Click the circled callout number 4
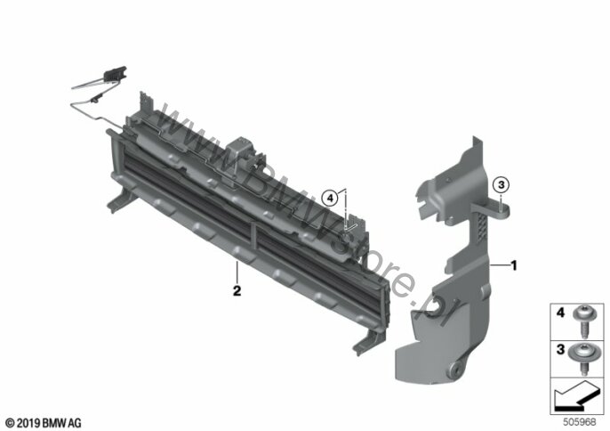click(330, 199)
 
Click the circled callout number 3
click(502, 184)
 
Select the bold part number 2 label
click(237, 290)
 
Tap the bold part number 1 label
click(514, 265)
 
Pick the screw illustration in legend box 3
click(583, 358)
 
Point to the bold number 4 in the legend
click(560, 313)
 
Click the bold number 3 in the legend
click(560, 349)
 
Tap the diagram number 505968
click(579, 421)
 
